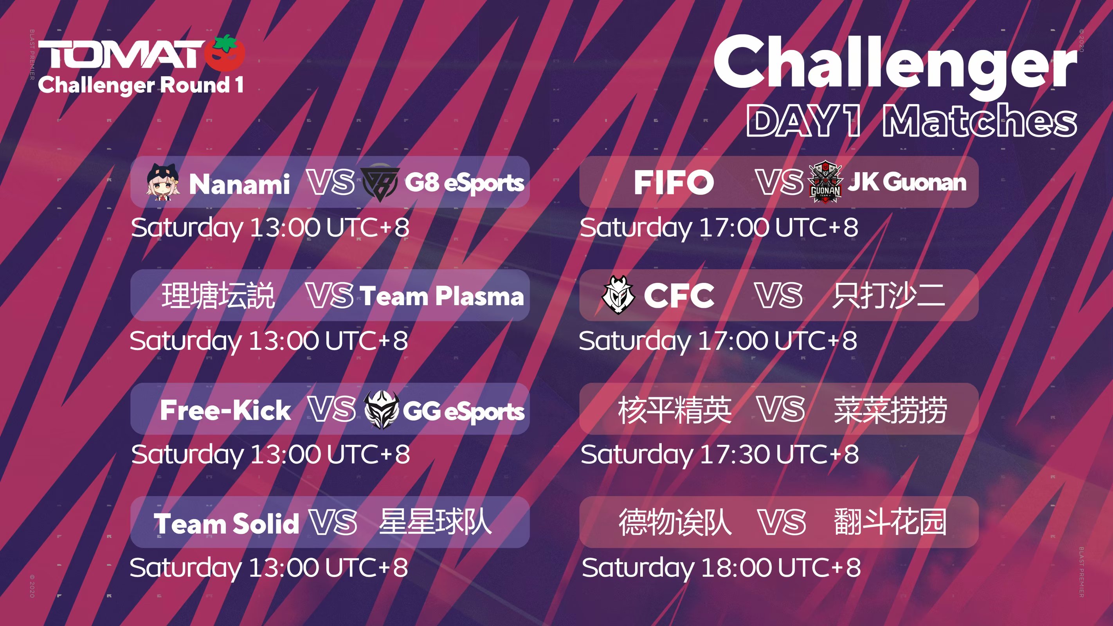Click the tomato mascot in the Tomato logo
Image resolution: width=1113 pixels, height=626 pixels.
(225, 54)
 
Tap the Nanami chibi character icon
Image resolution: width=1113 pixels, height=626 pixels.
(162, 182)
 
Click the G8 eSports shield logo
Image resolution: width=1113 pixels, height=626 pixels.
(380, 183)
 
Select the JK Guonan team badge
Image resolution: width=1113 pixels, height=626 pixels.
(825, 182)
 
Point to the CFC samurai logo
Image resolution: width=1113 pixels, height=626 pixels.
(618, 295)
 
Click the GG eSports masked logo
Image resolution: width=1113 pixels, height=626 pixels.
(381, 410)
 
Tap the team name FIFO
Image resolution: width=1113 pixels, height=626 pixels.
(674, 182)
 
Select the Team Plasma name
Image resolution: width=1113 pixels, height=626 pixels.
(441, 296)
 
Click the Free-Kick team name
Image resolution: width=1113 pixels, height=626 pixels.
(225, 410)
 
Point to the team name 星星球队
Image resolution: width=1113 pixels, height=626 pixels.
(435, 522)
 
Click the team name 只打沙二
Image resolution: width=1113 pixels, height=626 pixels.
(889, 295)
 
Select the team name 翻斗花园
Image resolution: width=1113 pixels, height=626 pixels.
(890, 522)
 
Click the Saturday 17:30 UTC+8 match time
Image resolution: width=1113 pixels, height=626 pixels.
(720, 455)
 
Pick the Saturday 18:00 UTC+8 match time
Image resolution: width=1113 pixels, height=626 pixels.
(721, 568)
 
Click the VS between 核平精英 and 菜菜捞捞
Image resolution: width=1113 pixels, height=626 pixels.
(781, 409)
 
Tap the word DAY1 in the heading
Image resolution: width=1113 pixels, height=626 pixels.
(804, 121)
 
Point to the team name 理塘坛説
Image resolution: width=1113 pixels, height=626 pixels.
(218, 295)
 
